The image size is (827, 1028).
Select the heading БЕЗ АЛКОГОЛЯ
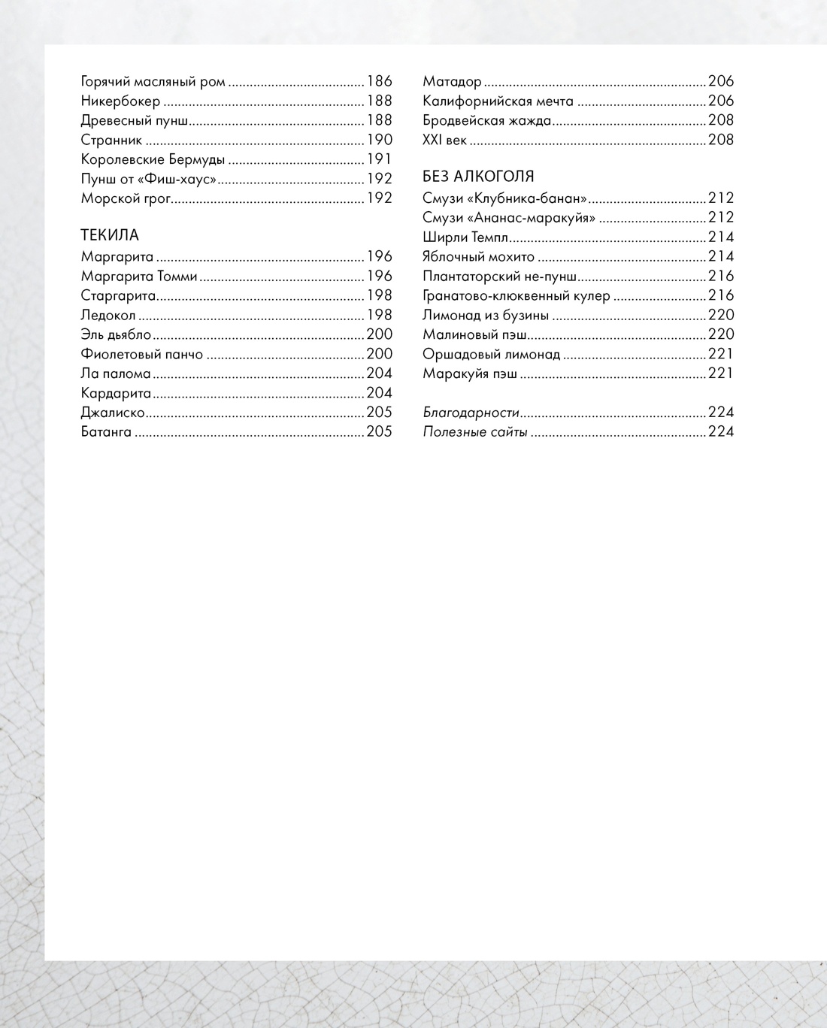pos(478,177)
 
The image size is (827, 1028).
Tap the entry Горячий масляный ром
pos(153,81)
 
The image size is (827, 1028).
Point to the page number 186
pos(380,81)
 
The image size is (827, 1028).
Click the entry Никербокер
pos(120,101)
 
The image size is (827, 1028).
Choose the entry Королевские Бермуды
pos(153,159)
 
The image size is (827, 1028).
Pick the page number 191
pos(380,159)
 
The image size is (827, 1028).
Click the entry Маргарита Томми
pos(139,277)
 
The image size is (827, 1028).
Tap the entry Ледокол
pos(108,316)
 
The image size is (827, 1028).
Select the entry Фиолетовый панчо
pos(141,355)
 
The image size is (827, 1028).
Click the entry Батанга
pos(106,432)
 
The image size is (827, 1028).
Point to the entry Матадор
pos(452,81)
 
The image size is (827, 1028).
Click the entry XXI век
pos(444,140)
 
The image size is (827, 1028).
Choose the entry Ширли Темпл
pos(465,237)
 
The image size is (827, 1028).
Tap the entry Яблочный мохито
pos(478,257)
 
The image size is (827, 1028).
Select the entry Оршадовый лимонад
pos(491,354)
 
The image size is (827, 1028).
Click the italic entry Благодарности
pos(471,413)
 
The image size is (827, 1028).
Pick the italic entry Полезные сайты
pos(474,432)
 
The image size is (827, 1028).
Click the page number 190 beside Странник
pos(380,140)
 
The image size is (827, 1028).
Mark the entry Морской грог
pos(126,198)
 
